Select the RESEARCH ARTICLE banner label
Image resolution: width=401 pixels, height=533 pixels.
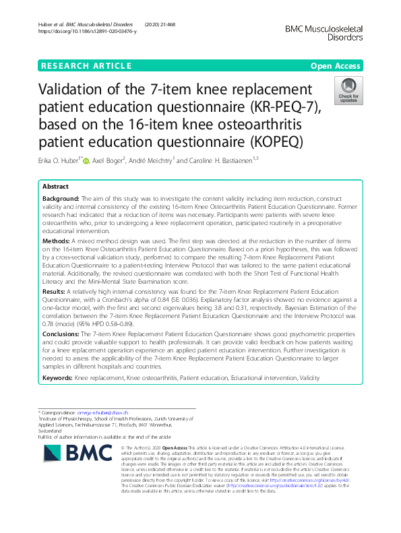86,65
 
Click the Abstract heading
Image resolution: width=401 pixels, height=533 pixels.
56,186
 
